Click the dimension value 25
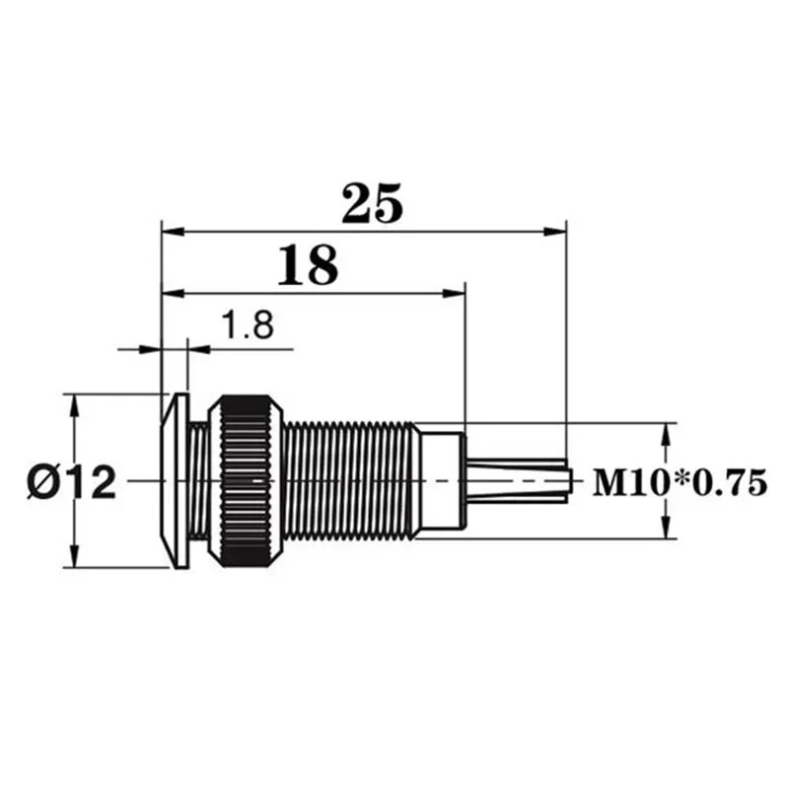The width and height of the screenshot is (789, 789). coord(372,203)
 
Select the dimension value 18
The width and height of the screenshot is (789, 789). coord(308,265)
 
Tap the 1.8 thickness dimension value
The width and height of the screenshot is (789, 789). coord(247,324)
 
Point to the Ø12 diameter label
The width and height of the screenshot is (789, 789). coord(71,482)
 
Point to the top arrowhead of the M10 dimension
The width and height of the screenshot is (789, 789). coord(668,433)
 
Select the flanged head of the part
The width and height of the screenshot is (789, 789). coord(176,480)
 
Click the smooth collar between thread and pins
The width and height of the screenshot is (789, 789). coord(440,480)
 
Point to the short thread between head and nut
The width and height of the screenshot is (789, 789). coord(202,480)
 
